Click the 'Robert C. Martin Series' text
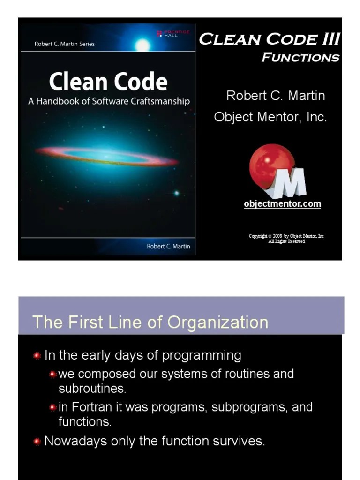tap(65, 44)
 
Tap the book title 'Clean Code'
tap(108, 82)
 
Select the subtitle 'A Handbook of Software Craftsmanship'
tap(109, 101)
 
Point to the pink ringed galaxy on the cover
tap(107, 156)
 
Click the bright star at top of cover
tap(142, 45)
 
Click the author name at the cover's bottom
tap(168, 247)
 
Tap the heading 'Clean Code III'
tap(269, 39)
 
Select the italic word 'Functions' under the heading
tap(300, 58)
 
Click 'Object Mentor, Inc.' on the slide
tap(270, 117)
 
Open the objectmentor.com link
tap(282, 204)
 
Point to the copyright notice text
tap(286, 239)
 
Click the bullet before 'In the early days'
tap(37, 356)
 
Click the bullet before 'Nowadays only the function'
tap(37, 442)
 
